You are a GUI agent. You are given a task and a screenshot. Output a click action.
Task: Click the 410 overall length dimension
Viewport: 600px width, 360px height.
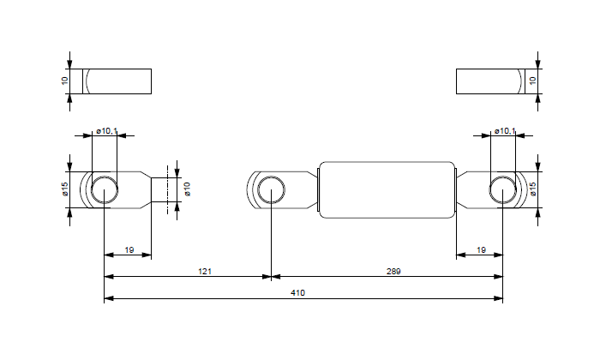pyautogui.click(x=297, y=293)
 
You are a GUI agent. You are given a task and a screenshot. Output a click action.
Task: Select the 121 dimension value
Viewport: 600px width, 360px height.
pyautogui.click(x=204, y=271)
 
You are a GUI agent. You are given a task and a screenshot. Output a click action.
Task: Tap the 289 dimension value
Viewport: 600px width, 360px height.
pyautogui.click(x=393, y=271)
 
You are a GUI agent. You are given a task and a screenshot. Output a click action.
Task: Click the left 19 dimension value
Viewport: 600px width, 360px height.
pyautogui.click(x=129, y=249)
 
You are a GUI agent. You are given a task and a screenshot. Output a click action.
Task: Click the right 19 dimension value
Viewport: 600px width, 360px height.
pyautogui.click(x=481, y=249)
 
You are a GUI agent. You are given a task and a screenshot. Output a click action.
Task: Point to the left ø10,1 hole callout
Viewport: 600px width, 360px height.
pyautogui.click(x=107, y=131)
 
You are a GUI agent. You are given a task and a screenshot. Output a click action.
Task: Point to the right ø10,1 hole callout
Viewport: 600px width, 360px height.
pyautogui.click(x=505, y=131)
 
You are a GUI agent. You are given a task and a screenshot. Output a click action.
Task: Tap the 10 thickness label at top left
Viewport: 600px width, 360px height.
pyautogui.click(x=64, y=81)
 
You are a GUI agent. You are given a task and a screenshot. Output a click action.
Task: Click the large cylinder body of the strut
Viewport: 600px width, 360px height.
pyautogui.click(x=387, y=189)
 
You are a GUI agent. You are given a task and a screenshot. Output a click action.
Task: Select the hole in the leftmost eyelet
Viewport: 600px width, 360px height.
pyautogui.click(x=104, y=189)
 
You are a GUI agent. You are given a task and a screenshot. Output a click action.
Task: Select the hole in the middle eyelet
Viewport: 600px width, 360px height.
pyautogui.click(x=271, y=189)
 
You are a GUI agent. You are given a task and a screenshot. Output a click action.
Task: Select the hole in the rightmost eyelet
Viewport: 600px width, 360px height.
pyautogui.click(x=502, y=189)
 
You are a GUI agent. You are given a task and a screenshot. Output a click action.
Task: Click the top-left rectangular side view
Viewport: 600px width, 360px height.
pyautogui.click(x=117, y=81)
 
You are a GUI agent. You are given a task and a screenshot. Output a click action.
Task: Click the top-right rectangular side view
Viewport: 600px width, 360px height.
pyautogui.click(x=489, y=81)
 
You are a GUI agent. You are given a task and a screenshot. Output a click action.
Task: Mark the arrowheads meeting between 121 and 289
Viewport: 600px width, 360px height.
pyautogui.click(x=271, y=277)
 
